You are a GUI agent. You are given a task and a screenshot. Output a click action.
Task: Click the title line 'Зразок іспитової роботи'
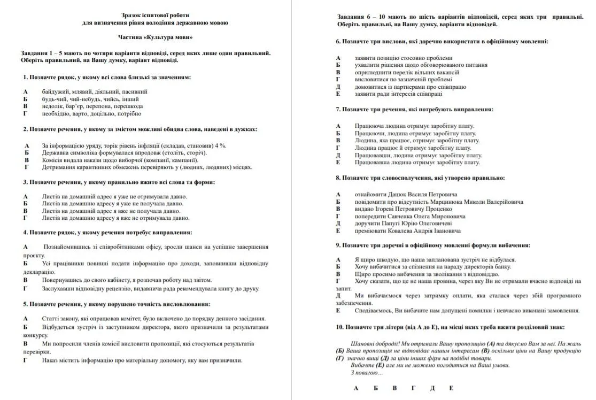click(x=155, y=16)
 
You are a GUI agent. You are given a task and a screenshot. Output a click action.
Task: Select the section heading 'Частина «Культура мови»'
click(x=155, y=37)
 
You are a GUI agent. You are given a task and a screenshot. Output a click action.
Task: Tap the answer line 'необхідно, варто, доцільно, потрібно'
click(x=91, y=113)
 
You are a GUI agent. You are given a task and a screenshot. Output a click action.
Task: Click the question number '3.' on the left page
click(x=25, y=182)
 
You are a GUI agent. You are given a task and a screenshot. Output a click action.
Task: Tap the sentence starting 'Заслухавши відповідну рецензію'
click(x=151, y=289)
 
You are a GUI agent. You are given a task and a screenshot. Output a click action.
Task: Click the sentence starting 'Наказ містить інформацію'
click(x=142, y=360)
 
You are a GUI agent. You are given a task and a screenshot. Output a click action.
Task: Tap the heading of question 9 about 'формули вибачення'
click(x=433, y=245)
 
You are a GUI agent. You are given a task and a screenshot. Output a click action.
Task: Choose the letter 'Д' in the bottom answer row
click(x=432, y=388)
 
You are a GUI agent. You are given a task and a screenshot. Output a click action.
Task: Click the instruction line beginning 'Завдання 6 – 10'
click(x=460, y=17)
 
